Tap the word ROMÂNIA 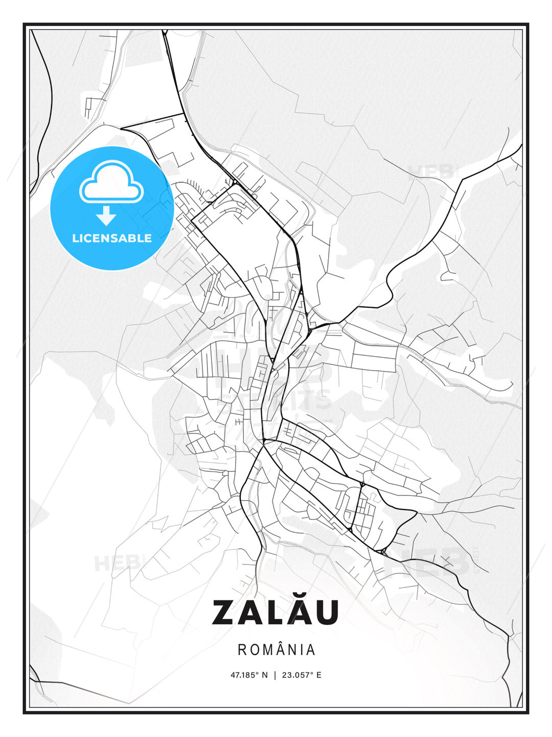coord(276,649)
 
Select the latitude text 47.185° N coord(249,675)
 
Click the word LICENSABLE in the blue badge coord(112,238)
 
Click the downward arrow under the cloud coord(106,215)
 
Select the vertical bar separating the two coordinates coord(275,675)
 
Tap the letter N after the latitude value coord(265,675)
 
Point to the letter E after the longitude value coord(319,675)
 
